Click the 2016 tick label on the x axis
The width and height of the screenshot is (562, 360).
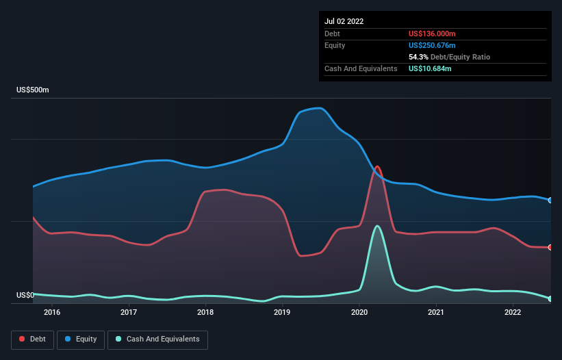[52, 313]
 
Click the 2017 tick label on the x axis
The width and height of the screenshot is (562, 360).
[129, 313]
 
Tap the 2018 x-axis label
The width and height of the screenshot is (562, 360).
[205, 313]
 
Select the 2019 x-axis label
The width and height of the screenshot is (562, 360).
[283, 313]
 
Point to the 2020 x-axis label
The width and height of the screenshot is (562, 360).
[359, 313]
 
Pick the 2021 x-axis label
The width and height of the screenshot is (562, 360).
[436, 313]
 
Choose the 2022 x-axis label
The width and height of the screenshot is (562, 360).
[513, 313]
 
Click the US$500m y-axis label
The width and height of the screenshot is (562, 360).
[33, 90]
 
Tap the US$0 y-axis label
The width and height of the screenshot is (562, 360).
[25, 296]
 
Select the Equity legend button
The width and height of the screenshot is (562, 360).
[81, 339]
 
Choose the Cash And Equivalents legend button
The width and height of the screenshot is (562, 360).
[157, 339]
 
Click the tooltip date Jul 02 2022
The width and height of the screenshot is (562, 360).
[344, 21]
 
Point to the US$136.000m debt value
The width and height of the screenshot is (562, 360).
[432, 34]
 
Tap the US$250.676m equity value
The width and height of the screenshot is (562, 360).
[432, 45]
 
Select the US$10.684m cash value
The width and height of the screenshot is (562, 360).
[430, 68]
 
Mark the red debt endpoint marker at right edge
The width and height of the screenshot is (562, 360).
[550, 247]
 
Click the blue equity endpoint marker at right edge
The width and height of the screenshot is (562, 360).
[550, 201]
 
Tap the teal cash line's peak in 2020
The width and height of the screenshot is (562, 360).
[377, 226]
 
